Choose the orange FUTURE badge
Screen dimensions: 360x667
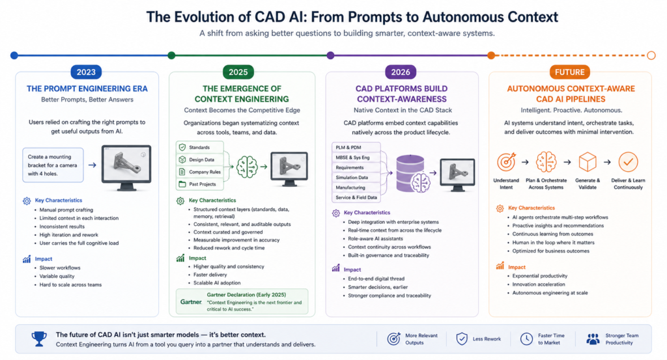[570, 72]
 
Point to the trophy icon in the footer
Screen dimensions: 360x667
[39, 339]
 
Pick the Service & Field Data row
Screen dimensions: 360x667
[355, 197]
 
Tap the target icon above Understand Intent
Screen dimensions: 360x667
[506, 162]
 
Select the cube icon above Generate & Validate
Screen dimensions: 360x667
[588, 162]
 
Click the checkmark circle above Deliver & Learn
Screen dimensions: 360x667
[627, 162]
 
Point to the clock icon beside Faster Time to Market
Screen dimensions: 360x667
[527, 339]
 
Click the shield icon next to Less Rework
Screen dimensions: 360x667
[462, 339]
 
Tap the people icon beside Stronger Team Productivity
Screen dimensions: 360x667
[592, 339]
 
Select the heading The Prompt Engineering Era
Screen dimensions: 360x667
[87, 89]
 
